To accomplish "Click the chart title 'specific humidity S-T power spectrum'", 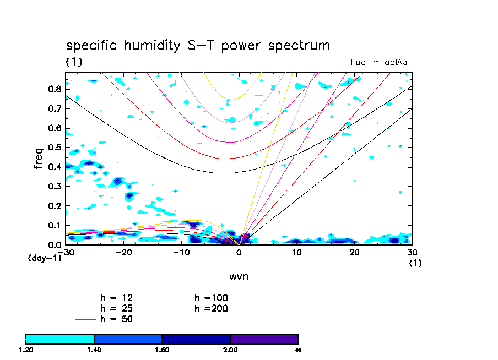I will tap(198, 45).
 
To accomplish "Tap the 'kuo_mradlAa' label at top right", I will tap(379, 62).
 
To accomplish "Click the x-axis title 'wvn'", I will tap(239, 276).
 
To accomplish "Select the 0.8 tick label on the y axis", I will tap(54, 89).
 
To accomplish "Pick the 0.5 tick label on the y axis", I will tap(54, 148).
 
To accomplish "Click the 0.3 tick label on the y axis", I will tap(54, 187).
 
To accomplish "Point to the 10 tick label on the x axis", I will tap(296, 252).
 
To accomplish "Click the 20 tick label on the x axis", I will tap(354, 252).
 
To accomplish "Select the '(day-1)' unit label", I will tap(45, 258).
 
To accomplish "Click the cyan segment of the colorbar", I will tap(60, 339).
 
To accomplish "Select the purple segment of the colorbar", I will tap(264, 339).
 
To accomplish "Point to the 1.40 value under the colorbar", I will tap(94, 350).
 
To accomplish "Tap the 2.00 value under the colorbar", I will tap(230, 350).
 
